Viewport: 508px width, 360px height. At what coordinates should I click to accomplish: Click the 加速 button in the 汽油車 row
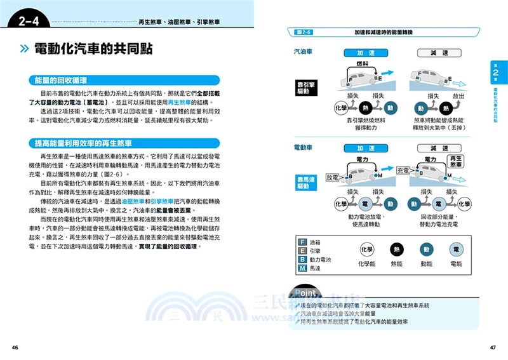click(x=366, y=53)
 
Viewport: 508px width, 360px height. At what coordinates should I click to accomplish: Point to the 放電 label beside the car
click(x=333, y=178)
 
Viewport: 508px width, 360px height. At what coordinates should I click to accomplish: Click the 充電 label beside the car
click(x=403, y=171)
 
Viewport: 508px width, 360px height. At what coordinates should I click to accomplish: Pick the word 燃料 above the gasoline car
click(x=362, y=65)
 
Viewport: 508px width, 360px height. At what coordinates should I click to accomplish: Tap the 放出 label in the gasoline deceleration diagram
click(x=458, y=96)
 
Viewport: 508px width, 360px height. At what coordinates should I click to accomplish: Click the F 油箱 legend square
click(x=302, y=243)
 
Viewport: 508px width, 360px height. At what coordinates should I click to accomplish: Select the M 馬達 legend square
click(x=302, y=269)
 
